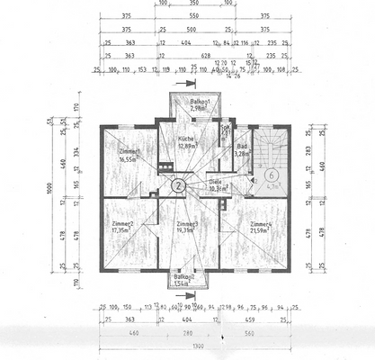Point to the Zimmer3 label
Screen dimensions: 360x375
187,223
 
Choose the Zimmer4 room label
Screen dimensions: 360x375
262,223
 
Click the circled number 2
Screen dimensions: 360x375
179,186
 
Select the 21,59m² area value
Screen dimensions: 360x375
262,230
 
